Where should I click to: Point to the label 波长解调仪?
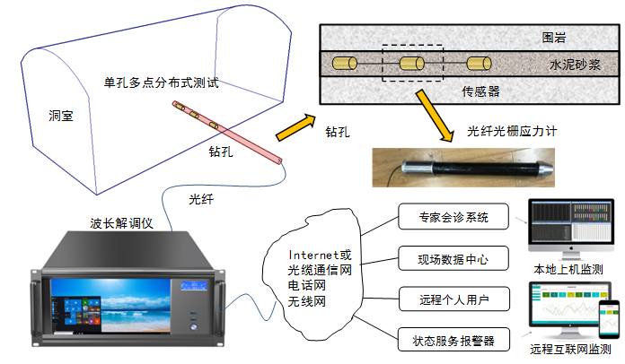[x=120, y=223]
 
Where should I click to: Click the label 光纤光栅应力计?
[x=513, y=131]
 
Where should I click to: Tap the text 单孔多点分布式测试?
[x=162, y=82]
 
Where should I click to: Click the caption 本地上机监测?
[x=568, y=269]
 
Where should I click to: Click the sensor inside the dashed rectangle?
[x=413, y=65]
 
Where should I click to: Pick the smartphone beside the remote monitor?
[x=606, y=318]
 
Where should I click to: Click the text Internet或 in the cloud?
[x=319, y=255]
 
